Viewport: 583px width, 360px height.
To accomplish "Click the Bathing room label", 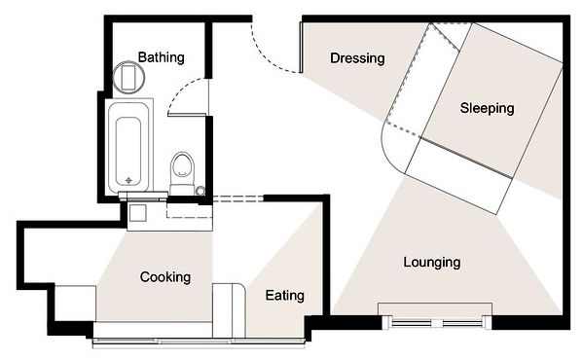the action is pos(161,57).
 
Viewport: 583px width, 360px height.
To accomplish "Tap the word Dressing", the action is pos(357,58).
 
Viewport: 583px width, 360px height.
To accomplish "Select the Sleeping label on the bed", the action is pos(487,108).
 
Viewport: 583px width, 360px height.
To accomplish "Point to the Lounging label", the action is pos(432,263).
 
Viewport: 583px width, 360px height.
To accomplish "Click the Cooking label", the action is pos(165,277).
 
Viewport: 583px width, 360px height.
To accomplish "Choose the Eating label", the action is pos(285,296).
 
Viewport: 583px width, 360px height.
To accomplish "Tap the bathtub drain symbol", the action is pos(128,180).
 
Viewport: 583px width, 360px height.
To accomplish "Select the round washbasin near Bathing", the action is pos(128,77).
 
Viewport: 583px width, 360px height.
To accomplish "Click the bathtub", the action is pos(129,146).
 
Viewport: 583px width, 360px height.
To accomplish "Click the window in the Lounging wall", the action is pos(436,322).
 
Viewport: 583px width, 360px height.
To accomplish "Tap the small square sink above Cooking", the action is pos(137,213).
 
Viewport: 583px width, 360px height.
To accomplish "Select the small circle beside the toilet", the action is pos(200,191).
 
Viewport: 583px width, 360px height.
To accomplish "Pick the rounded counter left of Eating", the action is pos(229,310).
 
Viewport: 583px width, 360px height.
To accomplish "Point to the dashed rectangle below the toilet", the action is pos(189,210).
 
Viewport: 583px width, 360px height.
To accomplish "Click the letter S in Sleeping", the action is pos(463,108).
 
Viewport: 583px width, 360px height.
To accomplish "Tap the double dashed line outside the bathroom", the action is pos(237,198).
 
